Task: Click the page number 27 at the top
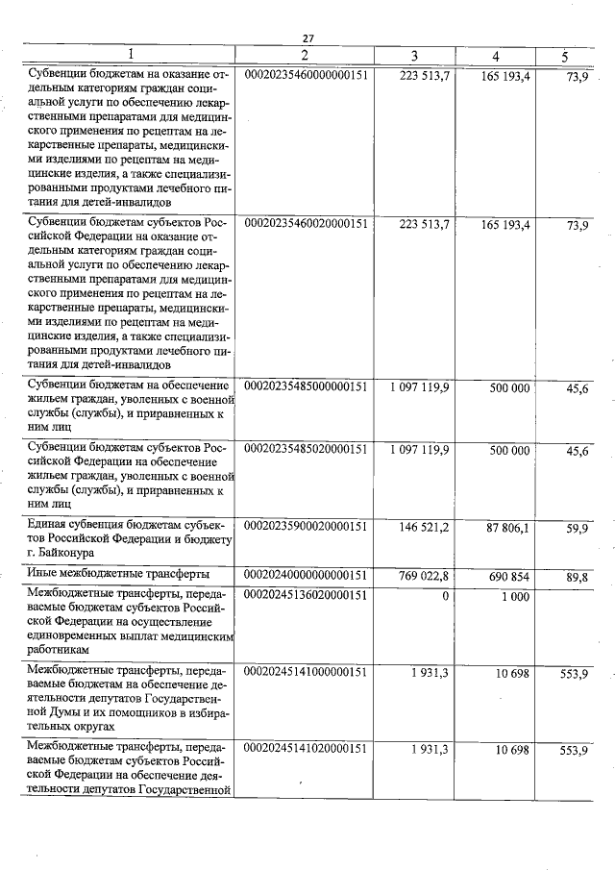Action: coord(307,38)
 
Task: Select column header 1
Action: coord(131,56)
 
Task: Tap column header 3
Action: coord(414,56)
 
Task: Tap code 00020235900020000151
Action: coord(307,529)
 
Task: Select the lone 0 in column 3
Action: coord(445,596)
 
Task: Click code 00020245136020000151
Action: coord(307,596)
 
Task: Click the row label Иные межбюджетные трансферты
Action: coord(118,575)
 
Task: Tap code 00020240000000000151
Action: coord(307,576)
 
